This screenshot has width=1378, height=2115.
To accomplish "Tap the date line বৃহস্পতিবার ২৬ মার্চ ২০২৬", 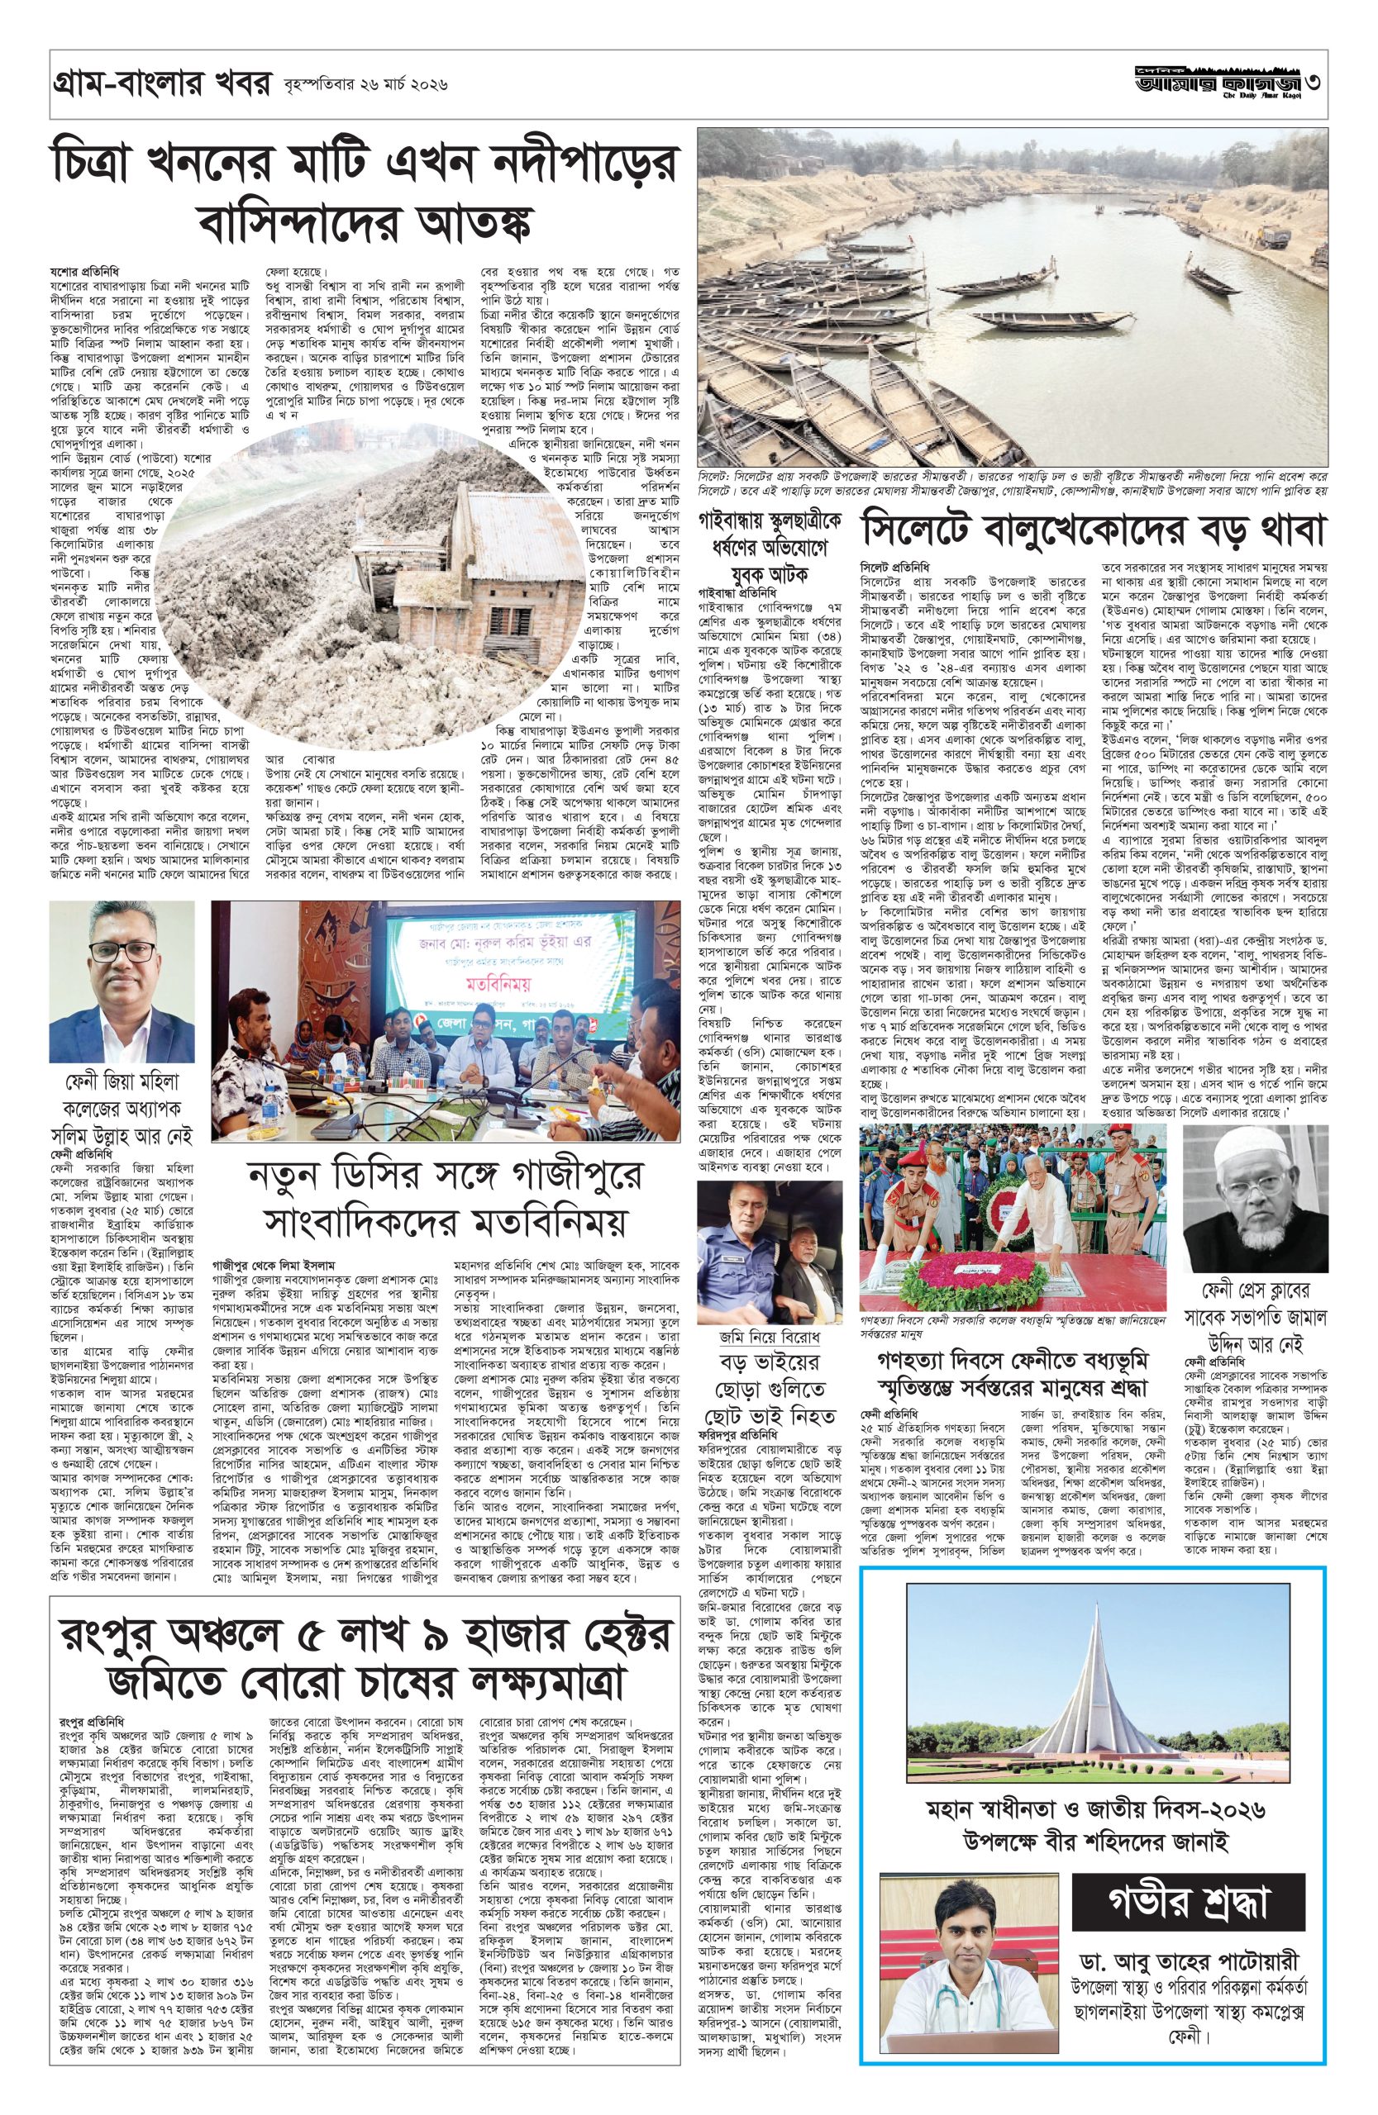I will click(362, 86).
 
